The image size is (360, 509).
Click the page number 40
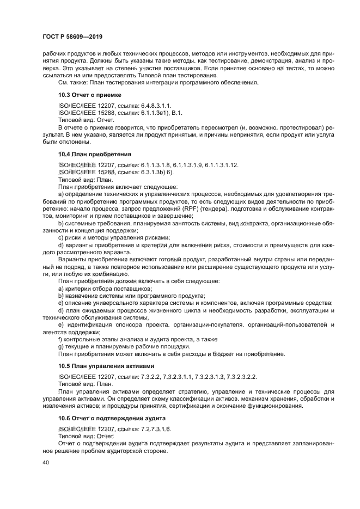pyautogui.click(x=46, y=462)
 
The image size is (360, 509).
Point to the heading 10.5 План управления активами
pyautogui.click(x=102, y=365)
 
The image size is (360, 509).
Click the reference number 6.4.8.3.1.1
pyautogui.click(x=155, y=105)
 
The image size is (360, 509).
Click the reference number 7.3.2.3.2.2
pyautogui.click(x=236, y=376)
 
